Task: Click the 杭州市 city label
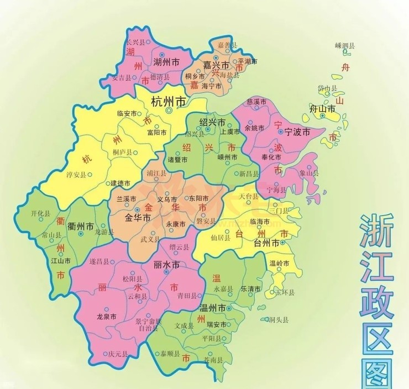pyautogui.click(x=168, y=102)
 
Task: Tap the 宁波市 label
pyautogui.click(x=296, y=133)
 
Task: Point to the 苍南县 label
pyautogui.click(x=212, y=360)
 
